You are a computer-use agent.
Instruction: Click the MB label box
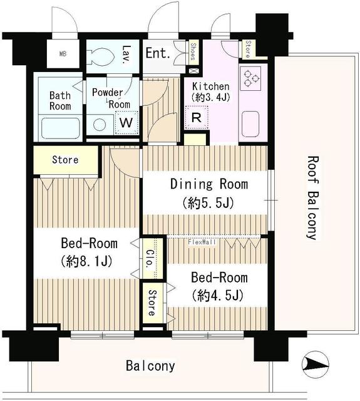click(x=63, y=54)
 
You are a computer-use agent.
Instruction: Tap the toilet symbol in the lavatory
click(x=100, y=56)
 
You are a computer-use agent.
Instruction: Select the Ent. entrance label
click(x=158, y=53)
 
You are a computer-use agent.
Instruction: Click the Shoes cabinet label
click(x=193, y=51)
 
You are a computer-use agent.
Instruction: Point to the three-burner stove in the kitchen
click(x=250, y=77)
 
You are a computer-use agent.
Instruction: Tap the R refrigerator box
click(x=196, y=118)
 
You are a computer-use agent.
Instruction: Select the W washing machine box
click(x=126, y=123)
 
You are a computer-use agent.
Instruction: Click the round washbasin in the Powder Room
click(x=100, y=125)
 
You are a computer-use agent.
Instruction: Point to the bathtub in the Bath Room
click(x=60, y=128)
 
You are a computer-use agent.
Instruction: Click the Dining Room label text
click(x=209, y=184)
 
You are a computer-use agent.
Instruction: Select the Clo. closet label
click(x=150, y=258)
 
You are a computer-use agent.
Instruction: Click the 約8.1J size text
click(x=86, y=261)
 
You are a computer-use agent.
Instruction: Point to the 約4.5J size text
click(x=218, y=296)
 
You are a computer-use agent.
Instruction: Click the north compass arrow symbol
click(x=315, y=364)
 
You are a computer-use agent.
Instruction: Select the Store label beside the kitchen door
click(x=247, y=49)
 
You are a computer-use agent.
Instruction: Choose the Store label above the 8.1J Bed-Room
click(x=65, y=160)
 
